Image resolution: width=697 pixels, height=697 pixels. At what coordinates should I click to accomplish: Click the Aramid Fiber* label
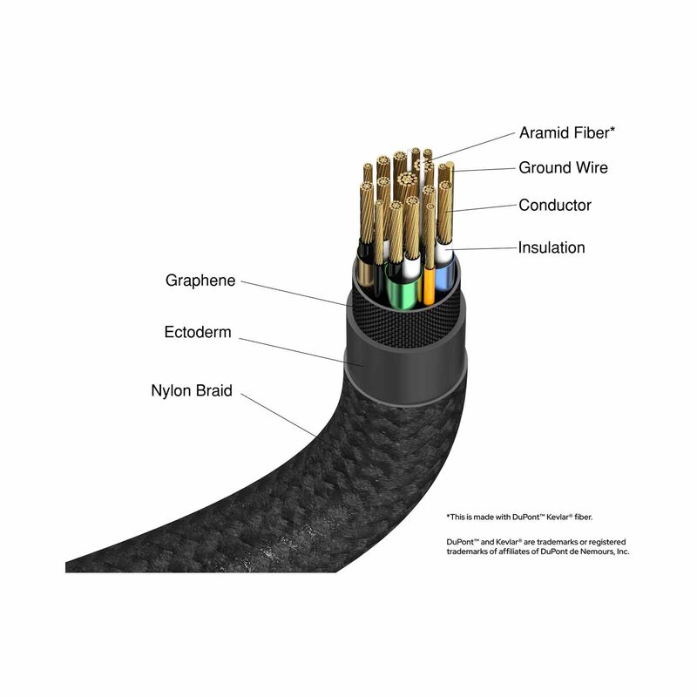click(567, 132)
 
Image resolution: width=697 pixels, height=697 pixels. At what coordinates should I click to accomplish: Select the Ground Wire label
click(563, 167)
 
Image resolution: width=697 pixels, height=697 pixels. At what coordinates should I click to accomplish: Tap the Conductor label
click(555, 205)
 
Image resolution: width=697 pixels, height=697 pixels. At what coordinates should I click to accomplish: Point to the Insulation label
click(552, 247)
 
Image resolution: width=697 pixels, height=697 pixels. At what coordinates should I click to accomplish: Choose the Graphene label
click(200, 281)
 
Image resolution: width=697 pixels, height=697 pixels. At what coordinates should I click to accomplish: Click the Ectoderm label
click(198, 332)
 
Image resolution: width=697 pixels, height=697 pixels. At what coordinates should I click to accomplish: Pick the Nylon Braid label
click(192, 390)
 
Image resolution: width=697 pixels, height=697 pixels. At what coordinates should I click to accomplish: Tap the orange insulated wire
click(429, 286)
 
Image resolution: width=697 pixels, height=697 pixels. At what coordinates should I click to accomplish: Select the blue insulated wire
click(444, 278)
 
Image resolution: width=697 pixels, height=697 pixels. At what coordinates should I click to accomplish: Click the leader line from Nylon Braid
click(279, 416)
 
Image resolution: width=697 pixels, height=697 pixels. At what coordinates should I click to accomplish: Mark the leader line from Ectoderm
click(301, 353)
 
